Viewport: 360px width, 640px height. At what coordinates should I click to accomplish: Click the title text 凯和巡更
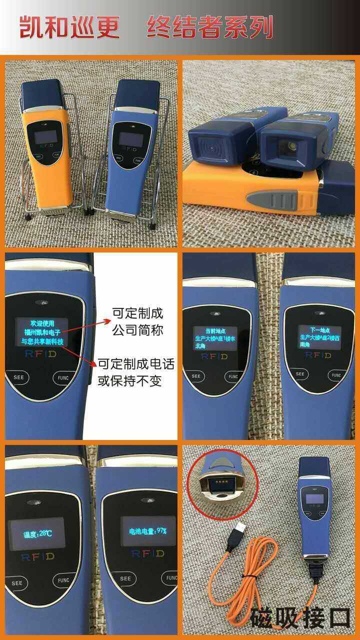click(69, 27)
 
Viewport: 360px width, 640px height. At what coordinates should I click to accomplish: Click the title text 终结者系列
click(210, 27)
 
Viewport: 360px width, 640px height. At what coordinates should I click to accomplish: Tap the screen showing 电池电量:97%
click(147, 531)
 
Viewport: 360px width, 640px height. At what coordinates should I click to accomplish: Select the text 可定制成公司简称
click(137, 322)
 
